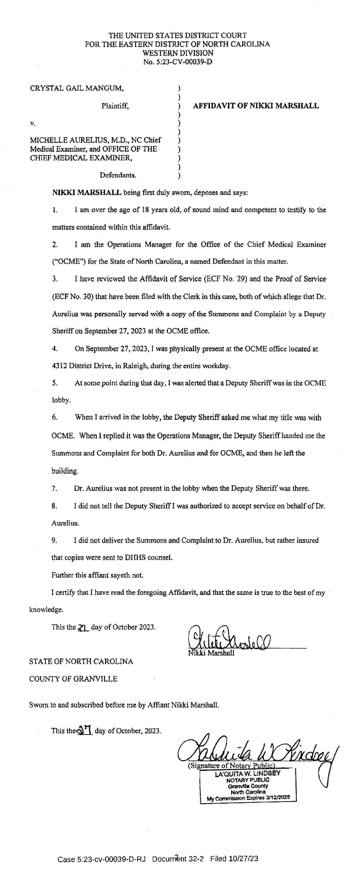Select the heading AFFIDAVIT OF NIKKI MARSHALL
click(256, 106)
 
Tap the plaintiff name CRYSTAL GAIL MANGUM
click(77, 89)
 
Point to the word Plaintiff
click(115, 106)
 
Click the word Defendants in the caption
click(118, 174)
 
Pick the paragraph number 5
click(55, 383)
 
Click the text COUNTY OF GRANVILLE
click(73, 679)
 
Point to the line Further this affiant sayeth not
click(97, 575)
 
